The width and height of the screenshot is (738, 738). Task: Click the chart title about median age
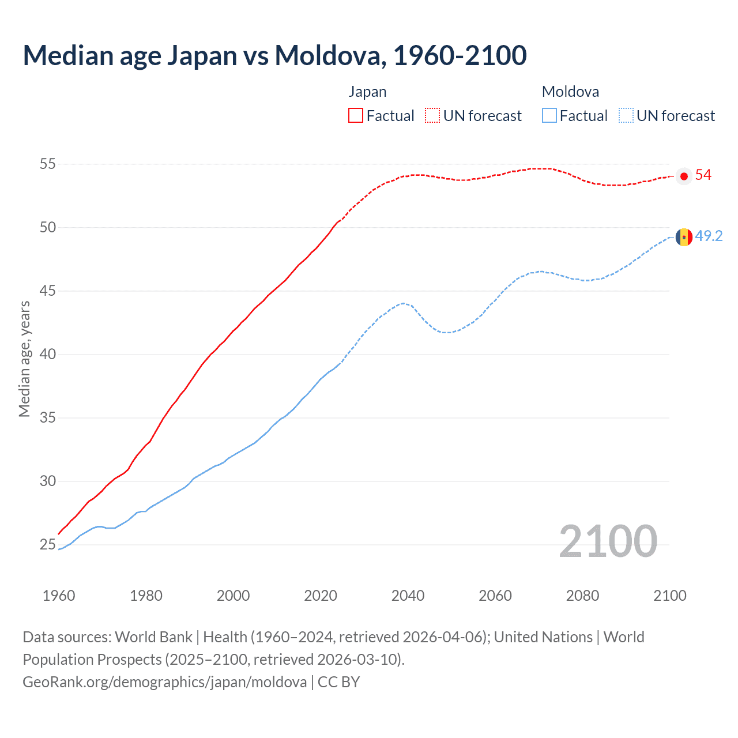click(x=274, y=56)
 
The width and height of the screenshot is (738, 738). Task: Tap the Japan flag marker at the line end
click(x=684, y=176)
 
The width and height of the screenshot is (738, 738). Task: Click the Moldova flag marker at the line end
click(x=684, y=237)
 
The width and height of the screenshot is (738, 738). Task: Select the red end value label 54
click(x=703, y=175)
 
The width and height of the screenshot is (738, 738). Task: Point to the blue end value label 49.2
click(x=709, y=236)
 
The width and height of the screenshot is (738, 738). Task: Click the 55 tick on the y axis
click(x=48, y=164)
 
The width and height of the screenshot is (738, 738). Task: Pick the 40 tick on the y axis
click(x=48, y=355)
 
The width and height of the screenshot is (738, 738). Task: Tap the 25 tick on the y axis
click(x=48, y=545)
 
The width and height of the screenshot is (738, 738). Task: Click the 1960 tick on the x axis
click(x=59, y=596)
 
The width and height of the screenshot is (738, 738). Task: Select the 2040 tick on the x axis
click(x=408, y=596)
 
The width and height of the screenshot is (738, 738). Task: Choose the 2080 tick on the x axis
click(x=582, y=596)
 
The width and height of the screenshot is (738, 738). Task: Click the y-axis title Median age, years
click(x=25, y=359)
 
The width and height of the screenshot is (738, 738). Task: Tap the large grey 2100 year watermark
click(x=608, y=541)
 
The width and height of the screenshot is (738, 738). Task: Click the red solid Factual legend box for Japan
click(x=356, y=116)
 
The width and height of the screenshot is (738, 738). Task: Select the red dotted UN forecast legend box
click(x=432, y=116)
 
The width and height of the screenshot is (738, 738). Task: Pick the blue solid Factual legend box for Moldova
click(x=549, y=116)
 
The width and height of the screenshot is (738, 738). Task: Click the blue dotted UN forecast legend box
click(x=626, y=116)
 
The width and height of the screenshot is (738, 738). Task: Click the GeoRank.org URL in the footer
click(x=165, y=682)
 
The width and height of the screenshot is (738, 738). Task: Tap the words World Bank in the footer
click(x=153, y=637)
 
